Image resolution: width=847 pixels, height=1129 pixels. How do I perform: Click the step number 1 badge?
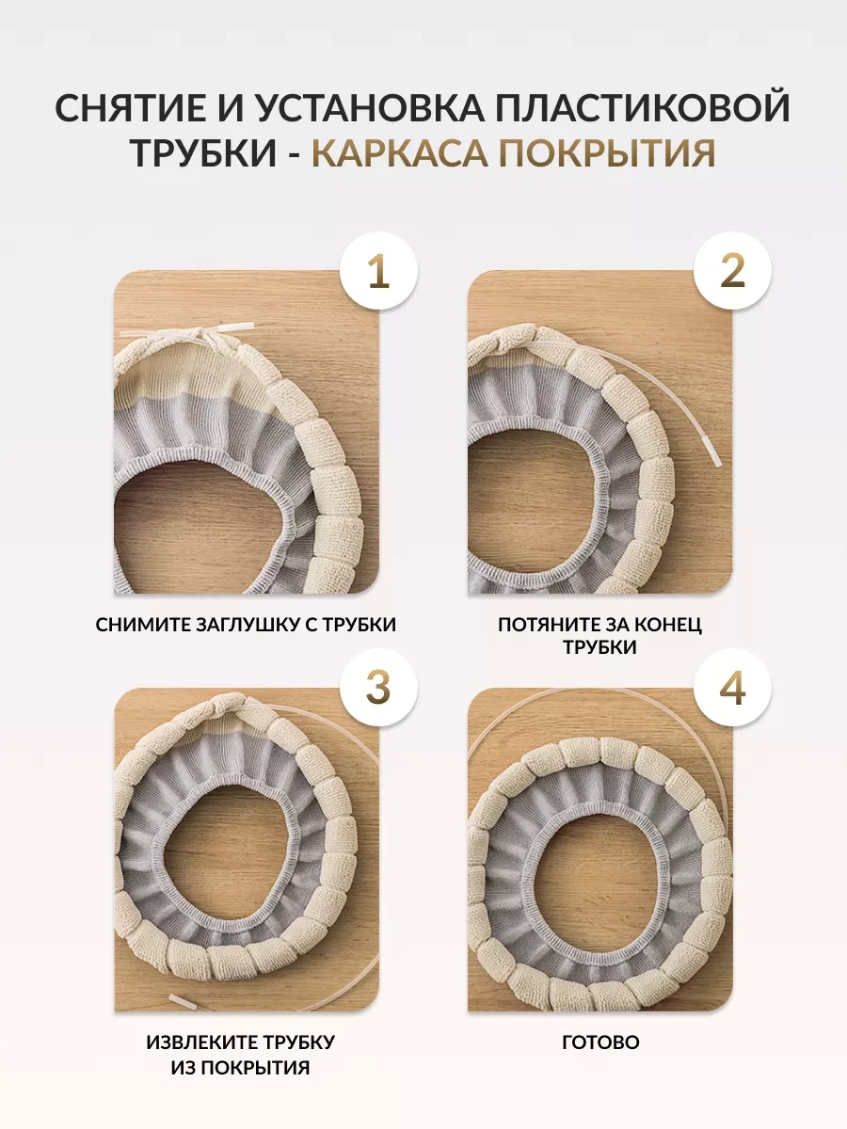(x=378, y=271)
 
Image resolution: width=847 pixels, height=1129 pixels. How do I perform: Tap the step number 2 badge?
(x=732, y=271)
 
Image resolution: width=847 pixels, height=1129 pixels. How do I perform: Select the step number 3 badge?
(x=378, y=688)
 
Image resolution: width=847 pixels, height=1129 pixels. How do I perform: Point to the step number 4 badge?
(x=732, y=688)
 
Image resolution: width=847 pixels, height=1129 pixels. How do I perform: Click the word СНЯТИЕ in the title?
(x=133, y=107)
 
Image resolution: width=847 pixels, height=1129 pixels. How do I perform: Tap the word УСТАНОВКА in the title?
(x=372, y=107)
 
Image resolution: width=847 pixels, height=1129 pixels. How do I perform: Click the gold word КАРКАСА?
(x=399, y=152)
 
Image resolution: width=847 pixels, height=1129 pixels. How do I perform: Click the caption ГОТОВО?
(x=600, y=1042)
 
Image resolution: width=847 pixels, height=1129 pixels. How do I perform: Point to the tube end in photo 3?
(x=183, y=1001)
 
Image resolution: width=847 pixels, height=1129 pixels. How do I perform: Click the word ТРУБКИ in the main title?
(x=204, y=152)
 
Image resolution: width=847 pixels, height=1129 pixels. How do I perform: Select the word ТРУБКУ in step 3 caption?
(x=302, y=1042)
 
